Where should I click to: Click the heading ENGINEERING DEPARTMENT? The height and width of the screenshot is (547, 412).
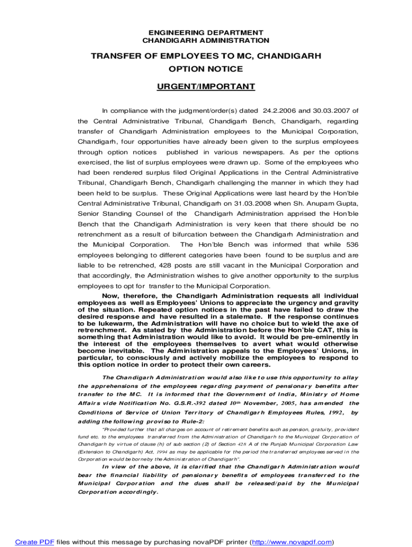206,33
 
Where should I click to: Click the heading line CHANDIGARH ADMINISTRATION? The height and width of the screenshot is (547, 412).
206,41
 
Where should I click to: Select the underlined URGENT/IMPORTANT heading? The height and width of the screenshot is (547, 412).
206,87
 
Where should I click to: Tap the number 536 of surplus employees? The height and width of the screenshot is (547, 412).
352,245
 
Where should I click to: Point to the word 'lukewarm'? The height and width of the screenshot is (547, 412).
108,324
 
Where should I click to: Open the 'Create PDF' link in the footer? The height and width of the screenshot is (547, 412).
35,542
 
